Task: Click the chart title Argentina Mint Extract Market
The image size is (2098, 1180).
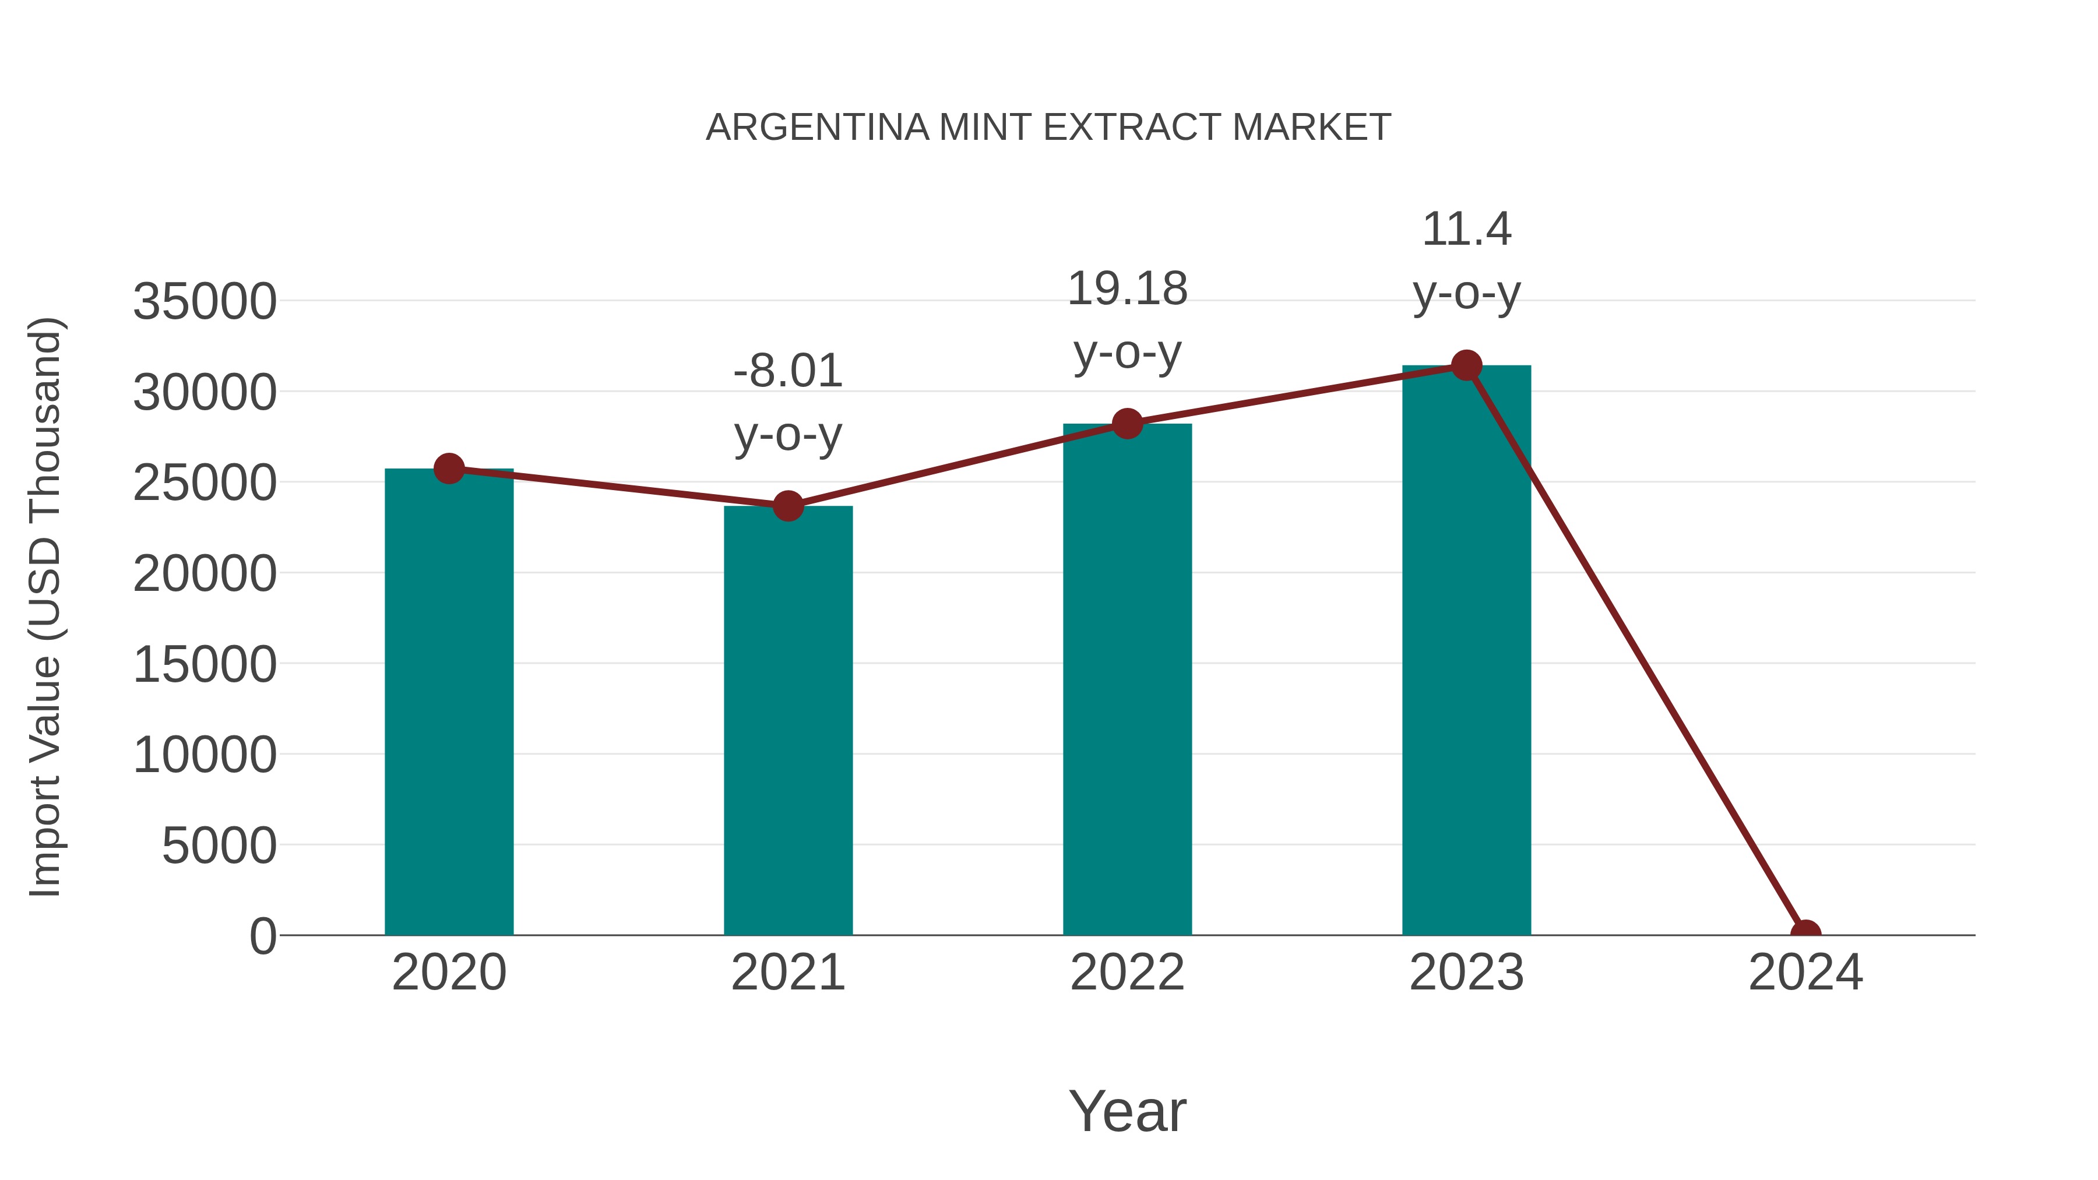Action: click(1048, 128)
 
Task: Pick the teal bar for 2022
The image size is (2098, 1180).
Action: click(1127, 680)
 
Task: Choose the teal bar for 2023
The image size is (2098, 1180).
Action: click(1466, 651)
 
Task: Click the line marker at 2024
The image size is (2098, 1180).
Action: click(1805, 934)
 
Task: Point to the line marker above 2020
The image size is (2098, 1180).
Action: click(449, 469)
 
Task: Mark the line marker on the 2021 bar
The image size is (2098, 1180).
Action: click(787, 506)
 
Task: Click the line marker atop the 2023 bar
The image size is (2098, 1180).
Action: click(1466, 365)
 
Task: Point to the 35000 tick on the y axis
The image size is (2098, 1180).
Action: click(205, 301)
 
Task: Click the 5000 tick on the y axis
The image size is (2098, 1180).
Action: click(219, 846)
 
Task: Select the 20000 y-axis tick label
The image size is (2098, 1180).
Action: click(205, 573)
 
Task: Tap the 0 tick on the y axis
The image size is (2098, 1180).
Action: click(263, 936)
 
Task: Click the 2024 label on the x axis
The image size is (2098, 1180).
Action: click(1805, 973)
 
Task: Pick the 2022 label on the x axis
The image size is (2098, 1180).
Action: click(1127, 973)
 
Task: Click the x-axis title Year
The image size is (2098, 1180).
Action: click(1127, 1111)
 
